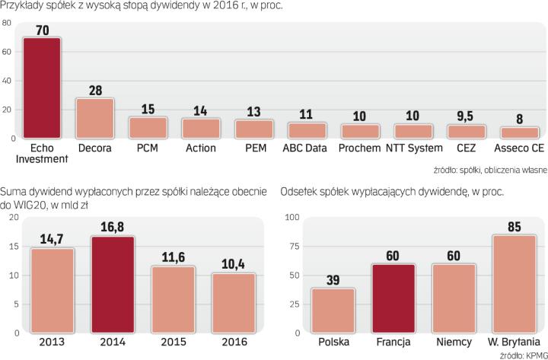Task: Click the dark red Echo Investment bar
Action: [x=41, y=88]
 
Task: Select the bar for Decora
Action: [x=94, y=118]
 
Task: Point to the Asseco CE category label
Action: [x=519, y=148]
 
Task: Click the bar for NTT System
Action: [x=413, y=131]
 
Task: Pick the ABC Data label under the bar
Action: [x=307, y=148]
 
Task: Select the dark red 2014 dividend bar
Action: [x=112, y=285]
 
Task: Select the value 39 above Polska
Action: [x=332, y=279]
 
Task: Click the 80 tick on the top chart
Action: [x=7, y=24]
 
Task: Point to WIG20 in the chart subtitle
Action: [x=31, y=205]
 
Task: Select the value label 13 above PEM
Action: [x=253, y=110]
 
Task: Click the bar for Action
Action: [x=201, y=128]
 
